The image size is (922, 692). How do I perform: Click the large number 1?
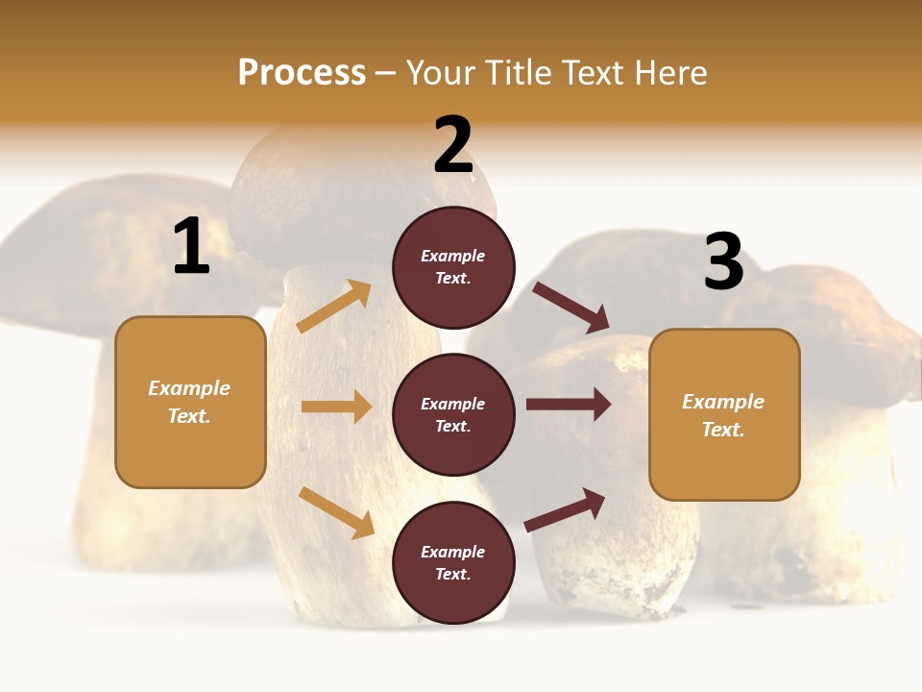pos(191,247)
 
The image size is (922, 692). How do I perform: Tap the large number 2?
pos(453,146)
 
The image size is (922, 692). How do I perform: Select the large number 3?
pos(723,262)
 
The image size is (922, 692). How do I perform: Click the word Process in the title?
pos(302,72)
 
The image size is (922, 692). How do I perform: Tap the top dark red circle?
pos(453,267)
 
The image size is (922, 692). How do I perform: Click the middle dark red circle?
pos(453,414)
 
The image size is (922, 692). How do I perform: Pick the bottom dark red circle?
pos(453,562)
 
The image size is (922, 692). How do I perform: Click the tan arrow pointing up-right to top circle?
pos(334,307)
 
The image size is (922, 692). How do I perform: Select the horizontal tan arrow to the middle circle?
pos(336,407)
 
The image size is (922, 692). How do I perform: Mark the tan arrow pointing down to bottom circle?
pos(336,512)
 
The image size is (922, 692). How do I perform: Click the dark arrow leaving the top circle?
pos(571,308)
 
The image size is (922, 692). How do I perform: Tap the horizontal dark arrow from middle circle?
pos(569,404)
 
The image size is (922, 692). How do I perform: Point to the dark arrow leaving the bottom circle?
pos(565,510)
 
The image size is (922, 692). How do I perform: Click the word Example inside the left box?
pos(189,388)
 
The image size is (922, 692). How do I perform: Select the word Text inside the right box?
pos(722,430)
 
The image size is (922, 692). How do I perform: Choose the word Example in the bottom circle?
pos(453,552)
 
